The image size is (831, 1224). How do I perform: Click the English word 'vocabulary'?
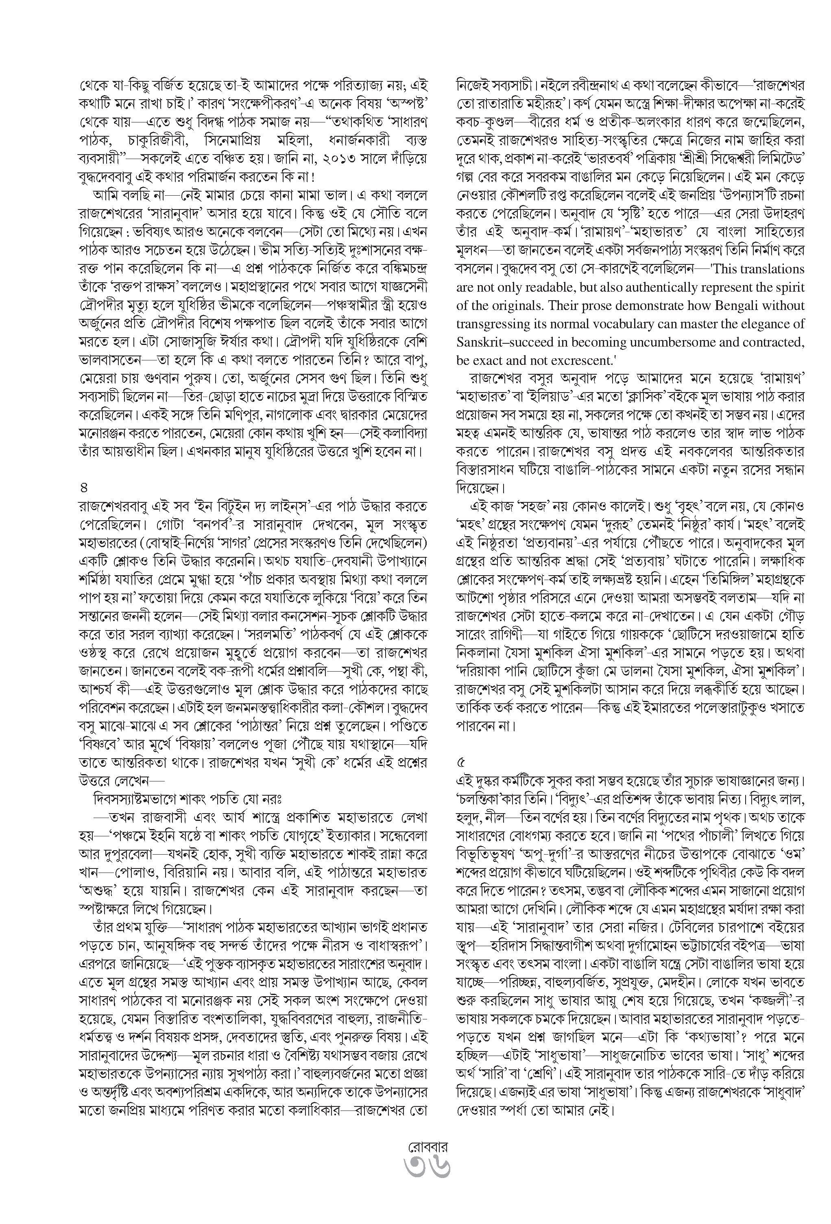(665, 324)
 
